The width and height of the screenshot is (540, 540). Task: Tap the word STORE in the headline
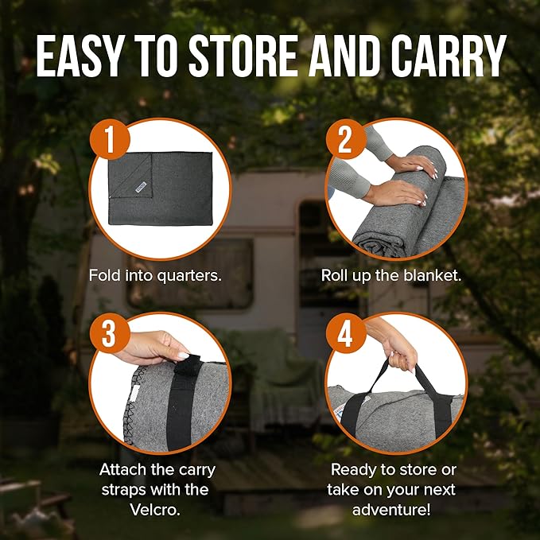(x=243, y=56)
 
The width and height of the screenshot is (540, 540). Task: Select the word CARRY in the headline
(x=448, y=56)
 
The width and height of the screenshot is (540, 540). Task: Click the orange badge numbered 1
(x=110, y=140)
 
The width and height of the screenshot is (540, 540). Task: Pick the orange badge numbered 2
(x=346, y=140)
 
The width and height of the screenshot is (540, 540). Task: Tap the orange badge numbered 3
(x=110, y=333)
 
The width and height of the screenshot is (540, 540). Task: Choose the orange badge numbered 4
(x=346, y=333)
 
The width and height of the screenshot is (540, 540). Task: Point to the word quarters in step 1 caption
(x=188, y=276)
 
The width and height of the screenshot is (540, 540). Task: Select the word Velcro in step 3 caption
(x=155, y=510)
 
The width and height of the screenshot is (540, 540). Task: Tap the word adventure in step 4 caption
(x=391, y=510)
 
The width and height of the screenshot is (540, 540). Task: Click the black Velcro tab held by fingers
(x=188, y=366)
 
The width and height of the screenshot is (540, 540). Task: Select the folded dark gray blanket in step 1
(x=161, y=188)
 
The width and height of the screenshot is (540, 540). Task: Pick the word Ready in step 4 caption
(x=354, y=470)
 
